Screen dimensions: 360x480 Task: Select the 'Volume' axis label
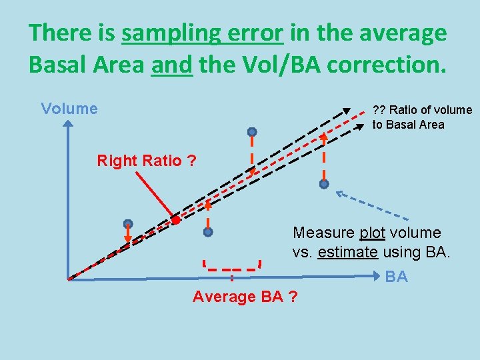69,109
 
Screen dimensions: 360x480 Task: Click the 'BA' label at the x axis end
397,277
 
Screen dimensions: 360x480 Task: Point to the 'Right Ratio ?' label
147,161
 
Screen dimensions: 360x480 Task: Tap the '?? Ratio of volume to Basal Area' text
421,117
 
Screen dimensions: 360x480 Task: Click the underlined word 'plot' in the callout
373,233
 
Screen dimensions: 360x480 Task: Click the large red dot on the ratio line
175,220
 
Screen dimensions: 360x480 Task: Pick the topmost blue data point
252,131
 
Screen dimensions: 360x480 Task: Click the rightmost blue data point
324,183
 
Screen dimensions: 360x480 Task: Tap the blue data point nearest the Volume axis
128,224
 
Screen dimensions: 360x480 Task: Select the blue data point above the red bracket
208,232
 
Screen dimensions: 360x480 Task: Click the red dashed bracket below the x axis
231,269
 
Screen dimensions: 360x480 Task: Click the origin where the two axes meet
69,279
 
